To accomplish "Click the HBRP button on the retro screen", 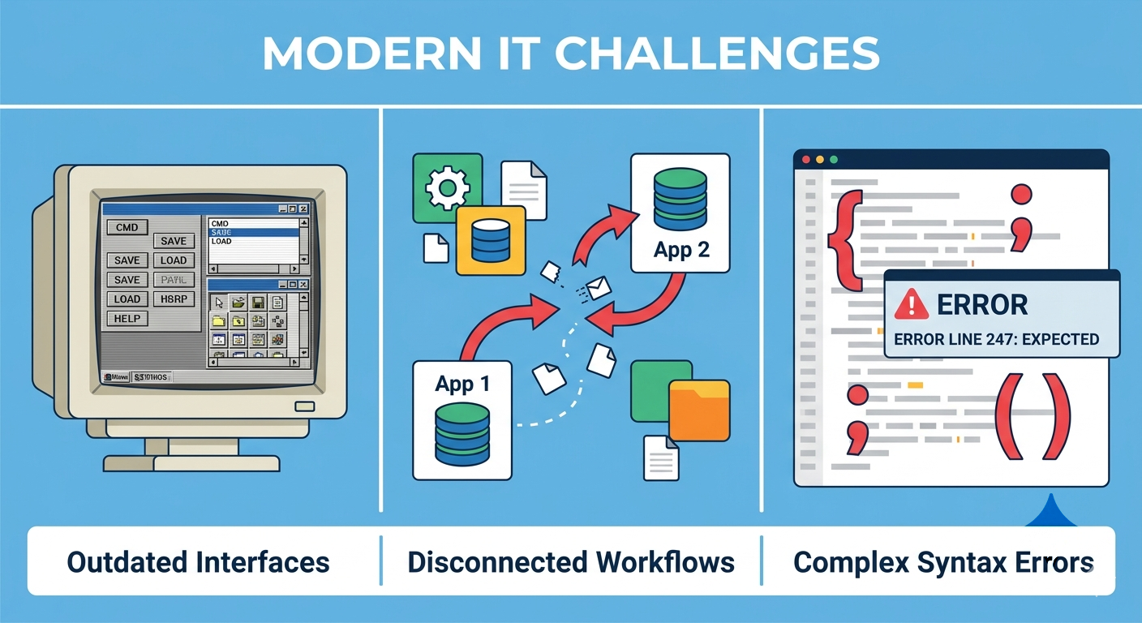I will (x=173, y=299).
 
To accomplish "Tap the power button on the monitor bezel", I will (x=305, y=407).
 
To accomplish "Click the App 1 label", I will (x=462, y=384).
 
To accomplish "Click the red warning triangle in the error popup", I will (x=912, y=305).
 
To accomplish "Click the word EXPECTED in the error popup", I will (x=1063, y=339).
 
